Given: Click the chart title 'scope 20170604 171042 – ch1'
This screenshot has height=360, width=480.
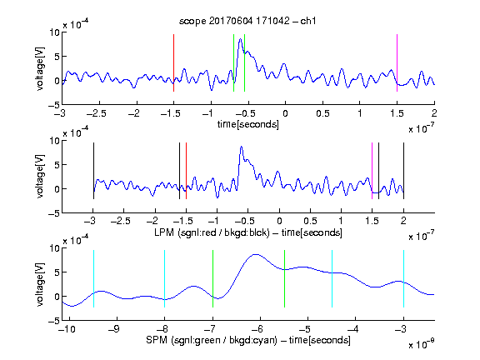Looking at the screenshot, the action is point(247,21).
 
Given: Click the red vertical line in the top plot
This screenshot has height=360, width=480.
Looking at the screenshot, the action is point(173,62).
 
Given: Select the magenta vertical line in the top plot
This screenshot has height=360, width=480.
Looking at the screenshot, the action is point(397,62).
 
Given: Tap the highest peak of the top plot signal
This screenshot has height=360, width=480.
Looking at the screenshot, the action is point(240,39).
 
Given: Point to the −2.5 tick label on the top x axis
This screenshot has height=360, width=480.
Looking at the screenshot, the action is point(96,113).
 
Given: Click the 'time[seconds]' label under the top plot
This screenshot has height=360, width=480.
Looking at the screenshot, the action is point(248,124).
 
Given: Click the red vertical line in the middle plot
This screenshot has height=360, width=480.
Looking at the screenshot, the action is point(186,171).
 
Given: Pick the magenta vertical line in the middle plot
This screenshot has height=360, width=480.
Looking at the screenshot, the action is point(372,171).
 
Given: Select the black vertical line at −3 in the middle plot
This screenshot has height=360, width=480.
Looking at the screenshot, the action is point(93,171).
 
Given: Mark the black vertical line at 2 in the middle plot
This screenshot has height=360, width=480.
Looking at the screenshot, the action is point(403,171).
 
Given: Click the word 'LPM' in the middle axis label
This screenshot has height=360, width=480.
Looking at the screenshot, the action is point(164,232).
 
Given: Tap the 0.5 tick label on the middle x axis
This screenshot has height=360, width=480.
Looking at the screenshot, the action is point(310,221).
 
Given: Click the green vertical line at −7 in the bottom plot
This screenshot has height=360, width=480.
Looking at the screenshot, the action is point(212,278).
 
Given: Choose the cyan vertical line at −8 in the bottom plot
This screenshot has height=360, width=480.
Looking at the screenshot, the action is point(164,278).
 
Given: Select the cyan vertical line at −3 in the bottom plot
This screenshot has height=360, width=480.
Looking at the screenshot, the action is point(403,278).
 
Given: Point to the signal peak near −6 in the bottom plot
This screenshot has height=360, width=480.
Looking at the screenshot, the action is point(256,254).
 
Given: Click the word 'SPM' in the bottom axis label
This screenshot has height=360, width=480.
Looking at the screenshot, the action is point(157,340).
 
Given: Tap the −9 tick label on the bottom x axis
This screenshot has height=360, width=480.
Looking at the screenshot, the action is point(114,329).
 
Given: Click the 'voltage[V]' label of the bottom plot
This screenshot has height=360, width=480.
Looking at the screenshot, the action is point(40,284).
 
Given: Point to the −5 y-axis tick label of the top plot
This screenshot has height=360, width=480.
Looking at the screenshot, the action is point(54,105).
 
